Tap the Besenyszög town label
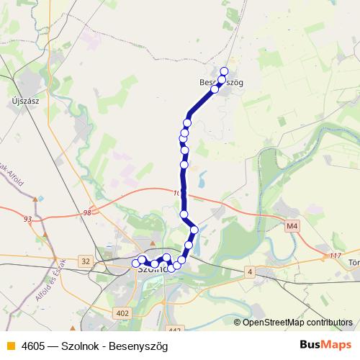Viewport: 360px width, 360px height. point(222,83)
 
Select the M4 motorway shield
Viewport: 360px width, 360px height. point(292,226)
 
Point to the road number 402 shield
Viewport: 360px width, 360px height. point(122,312)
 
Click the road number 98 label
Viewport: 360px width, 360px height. point(87,212)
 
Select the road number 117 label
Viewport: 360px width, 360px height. point(333,256)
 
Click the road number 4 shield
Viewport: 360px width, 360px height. point(249,271)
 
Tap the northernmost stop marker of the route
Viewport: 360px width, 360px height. point(224,71)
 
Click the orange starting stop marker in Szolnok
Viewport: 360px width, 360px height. point(135,264)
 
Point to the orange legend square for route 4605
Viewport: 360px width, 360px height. point(9,346)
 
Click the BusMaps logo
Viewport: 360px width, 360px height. point(325,345)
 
